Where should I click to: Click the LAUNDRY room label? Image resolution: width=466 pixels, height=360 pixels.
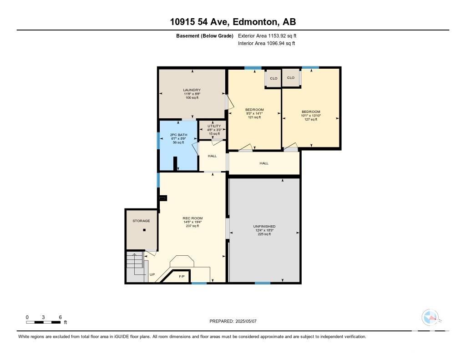(192, 90)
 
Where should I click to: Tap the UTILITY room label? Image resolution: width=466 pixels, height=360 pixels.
(214, 126)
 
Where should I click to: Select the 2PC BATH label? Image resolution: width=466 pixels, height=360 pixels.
(178, 135)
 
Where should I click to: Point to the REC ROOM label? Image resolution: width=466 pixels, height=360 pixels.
(192, 218)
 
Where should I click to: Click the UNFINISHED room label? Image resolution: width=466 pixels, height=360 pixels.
(264, 226)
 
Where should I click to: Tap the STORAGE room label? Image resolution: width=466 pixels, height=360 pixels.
(141, 221)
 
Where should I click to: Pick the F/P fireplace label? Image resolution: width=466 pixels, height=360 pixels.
(182, 276)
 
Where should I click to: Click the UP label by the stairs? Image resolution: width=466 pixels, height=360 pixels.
(152, 274)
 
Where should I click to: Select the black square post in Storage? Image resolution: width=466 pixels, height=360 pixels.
(144, 230)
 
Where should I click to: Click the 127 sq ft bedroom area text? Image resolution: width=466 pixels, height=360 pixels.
(311, 120)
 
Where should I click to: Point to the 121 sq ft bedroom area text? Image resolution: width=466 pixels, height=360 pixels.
(254, 117)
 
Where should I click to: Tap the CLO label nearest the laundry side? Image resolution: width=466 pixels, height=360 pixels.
(274, 78)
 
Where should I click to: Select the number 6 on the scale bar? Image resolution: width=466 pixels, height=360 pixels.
(61, 317)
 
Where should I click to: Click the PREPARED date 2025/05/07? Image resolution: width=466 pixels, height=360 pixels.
(246, 321)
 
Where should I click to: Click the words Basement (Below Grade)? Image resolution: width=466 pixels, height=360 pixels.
(205, 36)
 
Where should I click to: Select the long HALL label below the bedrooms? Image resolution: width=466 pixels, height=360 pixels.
(264, 163)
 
